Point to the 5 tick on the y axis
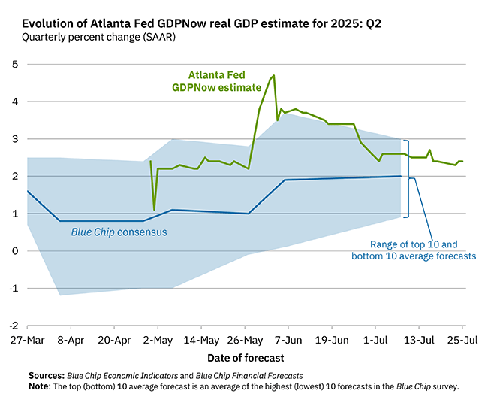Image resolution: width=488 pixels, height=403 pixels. (14, 64)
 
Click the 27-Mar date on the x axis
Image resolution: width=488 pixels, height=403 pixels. (27, 339)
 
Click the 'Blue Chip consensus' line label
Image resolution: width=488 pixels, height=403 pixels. (119, 232)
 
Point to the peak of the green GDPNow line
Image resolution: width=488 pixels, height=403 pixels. (274, 75)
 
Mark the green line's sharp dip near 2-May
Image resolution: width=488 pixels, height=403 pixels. (154, 210)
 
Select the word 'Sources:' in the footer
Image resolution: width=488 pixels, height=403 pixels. (46, 374)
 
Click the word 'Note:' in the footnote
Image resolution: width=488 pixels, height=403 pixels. (40, 385)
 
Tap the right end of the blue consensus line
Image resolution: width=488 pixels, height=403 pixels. (400, 176)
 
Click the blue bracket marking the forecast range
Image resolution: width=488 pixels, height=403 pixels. (408, 178)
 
